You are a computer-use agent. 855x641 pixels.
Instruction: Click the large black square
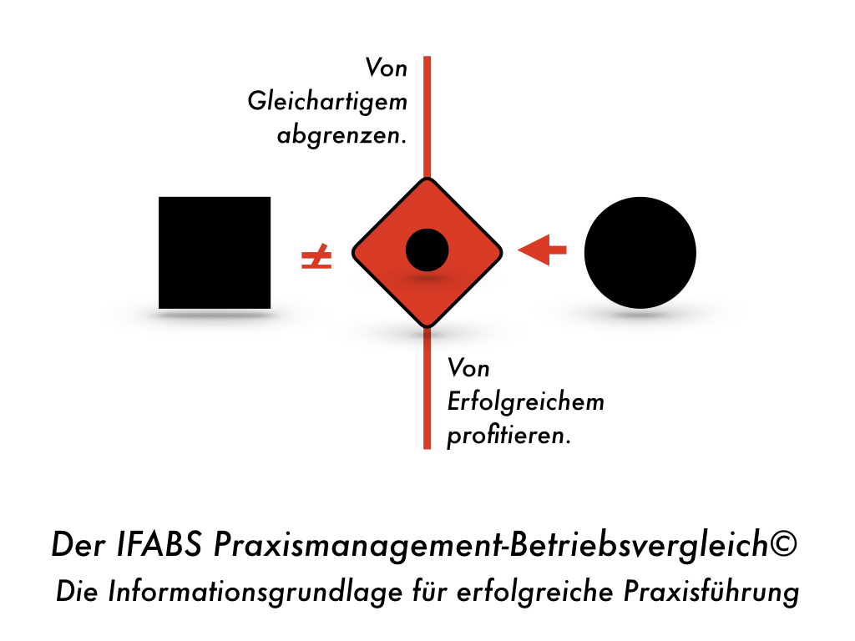215,253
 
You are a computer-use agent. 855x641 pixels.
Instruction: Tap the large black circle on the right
640,252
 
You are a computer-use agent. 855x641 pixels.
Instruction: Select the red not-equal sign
316,257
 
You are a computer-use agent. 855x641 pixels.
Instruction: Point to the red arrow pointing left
542,250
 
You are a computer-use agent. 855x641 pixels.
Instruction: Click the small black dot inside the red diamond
427,250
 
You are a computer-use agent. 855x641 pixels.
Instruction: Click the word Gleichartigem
327,102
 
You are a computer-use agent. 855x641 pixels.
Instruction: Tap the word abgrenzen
341,134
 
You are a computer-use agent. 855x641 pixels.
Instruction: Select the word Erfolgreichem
526,401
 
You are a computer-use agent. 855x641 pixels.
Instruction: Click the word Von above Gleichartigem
386,68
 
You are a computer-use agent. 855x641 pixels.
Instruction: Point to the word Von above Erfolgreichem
468,368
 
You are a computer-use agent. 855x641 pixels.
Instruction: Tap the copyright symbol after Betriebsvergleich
783,543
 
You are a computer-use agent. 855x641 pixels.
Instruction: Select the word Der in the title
78,543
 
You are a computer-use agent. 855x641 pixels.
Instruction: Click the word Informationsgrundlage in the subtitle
255,592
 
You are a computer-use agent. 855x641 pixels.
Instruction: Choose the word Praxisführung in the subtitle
711,592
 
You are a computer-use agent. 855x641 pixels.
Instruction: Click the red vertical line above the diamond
427,117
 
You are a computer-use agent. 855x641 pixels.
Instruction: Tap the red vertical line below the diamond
427,387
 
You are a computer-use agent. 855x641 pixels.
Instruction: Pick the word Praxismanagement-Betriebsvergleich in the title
491,544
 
